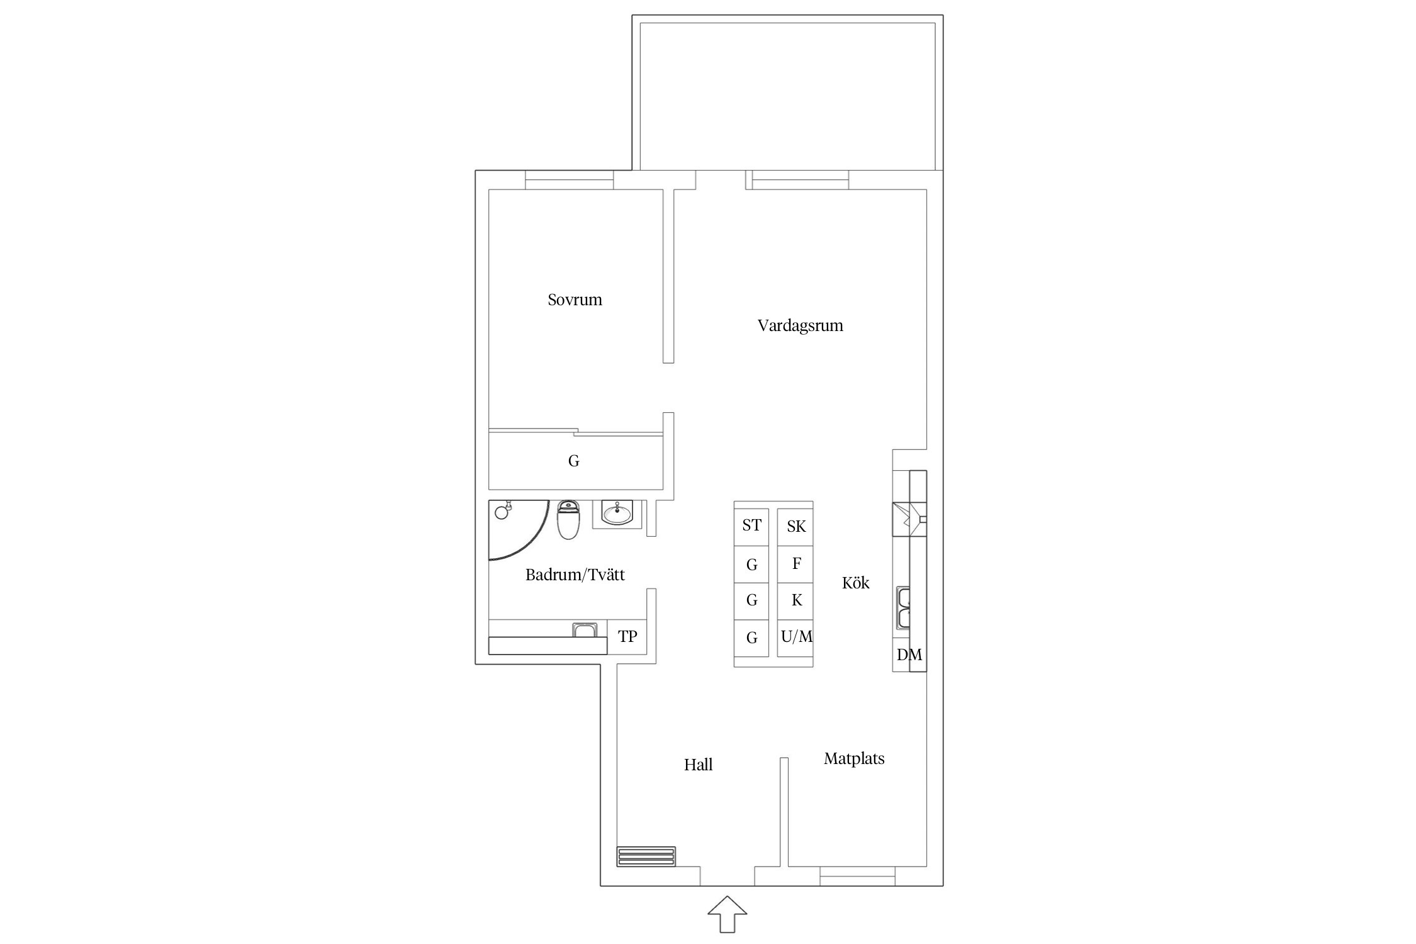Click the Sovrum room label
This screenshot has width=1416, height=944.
(x=575, y=300)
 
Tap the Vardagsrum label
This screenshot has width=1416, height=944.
(x=800, y=326)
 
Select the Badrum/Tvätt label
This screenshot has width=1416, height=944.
(x=575, y=575)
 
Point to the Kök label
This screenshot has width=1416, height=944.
(x=855, y=583)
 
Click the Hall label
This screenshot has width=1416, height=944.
(x=698, y=765)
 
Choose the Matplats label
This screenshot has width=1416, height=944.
(x=854, y=759)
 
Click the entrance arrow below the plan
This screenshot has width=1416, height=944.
(x=727, y=914)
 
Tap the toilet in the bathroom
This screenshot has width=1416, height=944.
(x=568, y=520)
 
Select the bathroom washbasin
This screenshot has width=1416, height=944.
(x=617, y=513)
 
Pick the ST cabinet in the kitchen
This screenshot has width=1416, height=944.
(x=751, y=526)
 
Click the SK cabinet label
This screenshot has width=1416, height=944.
(x=796, y=526)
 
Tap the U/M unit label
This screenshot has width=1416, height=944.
(x=797, y=637)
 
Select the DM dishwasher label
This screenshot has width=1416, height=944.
(x=909, y=655)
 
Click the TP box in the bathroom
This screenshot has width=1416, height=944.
(x=627, y=637)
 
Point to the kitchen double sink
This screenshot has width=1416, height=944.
(x=904, y=608)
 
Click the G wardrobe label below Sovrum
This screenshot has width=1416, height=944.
(x=573, y=461)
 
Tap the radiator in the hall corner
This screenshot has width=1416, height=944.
(x=646, y=857)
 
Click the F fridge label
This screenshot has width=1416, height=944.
(x=796, y=563)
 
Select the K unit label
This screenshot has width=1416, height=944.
(x=797, y=600)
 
